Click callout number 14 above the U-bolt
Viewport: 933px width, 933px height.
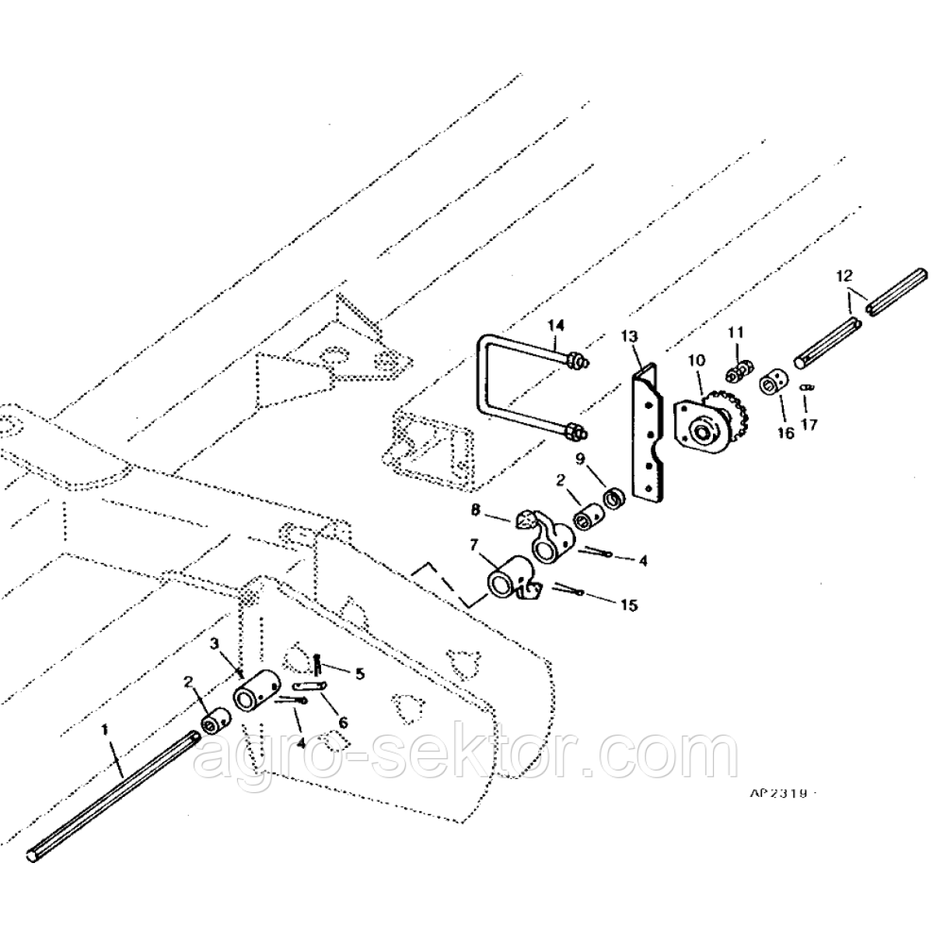pyautogui.click(x=555, y=325)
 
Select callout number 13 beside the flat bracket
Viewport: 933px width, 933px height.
pyautogui.click(x=630, y=336)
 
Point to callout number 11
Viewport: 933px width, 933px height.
pyautogui.click(x=736, y=333)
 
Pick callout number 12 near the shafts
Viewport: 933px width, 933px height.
pyautogui.click(x=844, y=276)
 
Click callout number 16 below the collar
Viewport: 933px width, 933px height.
pyautogui.click(x=786, y=433)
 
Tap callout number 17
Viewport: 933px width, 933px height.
pyautogui.click(x=809, y=425)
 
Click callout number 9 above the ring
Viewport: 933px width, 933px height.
pyautogui.click(x=580, y=459)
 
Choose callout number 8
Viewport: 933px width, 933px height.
pyautogui.click(x=476, y=510)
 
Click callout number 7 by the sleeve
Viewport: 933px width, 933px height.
pyautogui.click(x=475, y=546)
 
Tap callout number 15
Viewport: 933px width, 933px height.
pyautogui.click(x=629, y=605)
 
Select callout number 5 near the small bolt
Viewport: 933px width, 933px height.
pyautogui.click(x=359, y=674)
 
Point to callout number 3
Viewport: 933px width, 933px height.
pyautogui.click(x=215, y=644)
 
